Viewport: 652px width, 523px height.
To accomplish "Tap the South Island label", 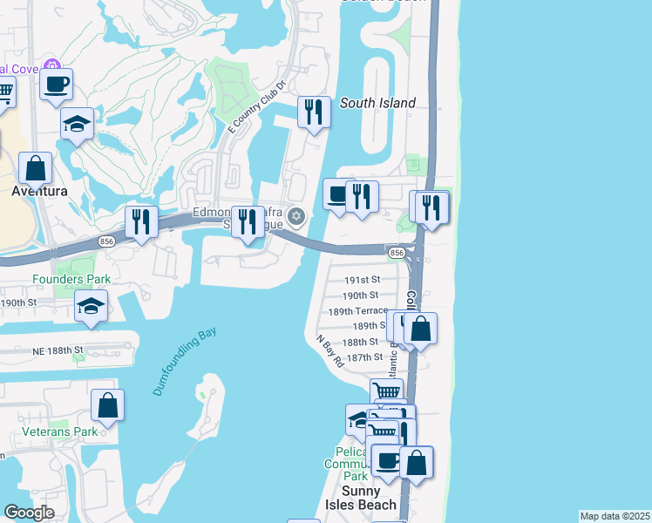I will click(x=377, y=103).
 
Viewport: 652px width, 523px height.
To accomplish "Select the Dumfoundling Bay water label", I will click(x=184, y=362).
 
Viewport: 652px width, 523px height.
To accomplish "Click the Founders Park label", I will click(x=71, y=279).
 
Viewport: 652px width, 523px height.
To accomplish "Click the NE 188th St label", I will click(x=56, y=350).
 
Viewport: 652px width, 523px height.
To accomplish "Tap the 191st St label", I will click(x=362, y=280).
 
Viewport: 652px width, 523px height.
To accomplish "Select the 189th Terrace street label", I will click(x=358, y=311).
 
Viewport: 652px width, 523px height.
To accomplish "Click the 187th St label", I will click(x=365, y=357).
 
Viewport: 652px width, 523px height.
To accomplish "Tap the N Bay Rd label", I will click(x=329, y=352).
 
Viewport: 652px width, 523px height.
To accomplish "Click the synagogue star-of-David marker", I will click(x=296, y=216).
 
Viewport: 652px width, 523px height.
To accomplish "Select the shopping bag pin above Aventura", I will click(x=35, y=167).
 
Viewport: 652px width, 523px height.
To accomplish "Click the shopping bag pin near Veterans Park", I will click(x=107, y=405).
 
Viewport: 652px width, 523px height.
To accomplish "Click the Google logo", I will click(x=29, y=513).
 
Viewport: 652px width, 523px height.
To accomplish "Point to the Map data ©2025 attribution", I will click(x=615, y=516).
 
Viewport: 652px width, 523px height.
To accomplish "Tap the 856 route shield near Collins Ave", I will click(x=397, y=252).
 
